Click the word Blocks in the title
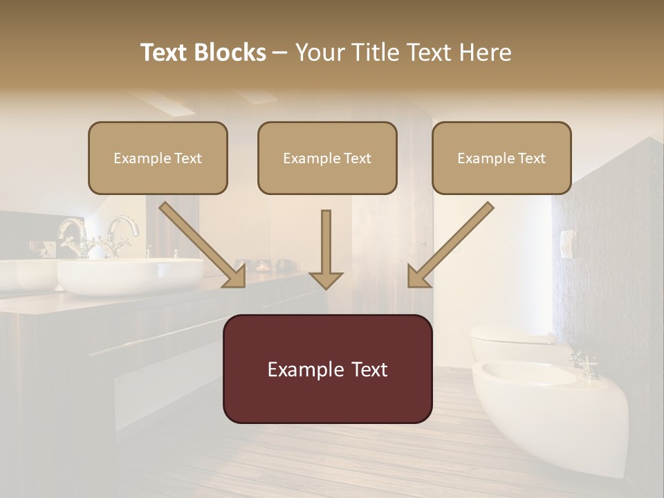[230, 53]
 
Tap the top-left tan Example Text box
[158, 158]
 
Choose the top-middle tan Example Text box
[327, 158]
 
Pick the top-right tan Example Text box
[501, 158]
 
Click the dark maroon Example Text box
[327, 369]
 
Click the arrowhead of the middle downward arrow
[326, 279]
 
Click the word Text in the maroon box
[366, 369]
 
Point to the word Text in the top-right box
[531, 158]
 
